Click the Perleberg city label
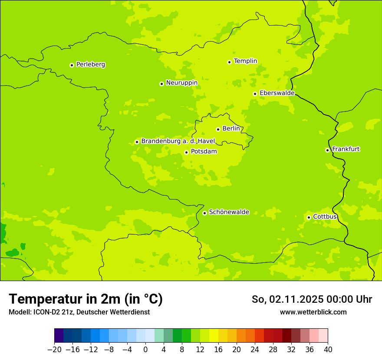[90, 65]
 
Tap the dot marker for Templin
[229, 62]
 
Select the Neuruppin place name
[181, 83]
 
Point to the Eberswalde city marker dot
[255, 94]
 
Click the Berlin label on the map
[231, 129]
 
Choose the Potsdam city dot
[186, 152]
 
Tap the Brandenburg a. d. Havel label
[178, 141]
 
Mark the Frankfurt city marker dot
[327, 150]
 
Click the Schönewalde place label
[229, 212]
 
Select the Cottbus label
[325, 216]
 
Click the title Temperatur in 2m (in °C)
[86, 299]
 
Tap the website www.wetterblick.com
[313, 312]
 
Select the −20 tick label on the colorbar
[54, 350]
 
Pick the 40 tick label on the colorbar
[328, 350]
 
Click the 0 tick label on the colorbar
[145, 350]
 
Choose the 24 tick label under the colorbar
[255, 350]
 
